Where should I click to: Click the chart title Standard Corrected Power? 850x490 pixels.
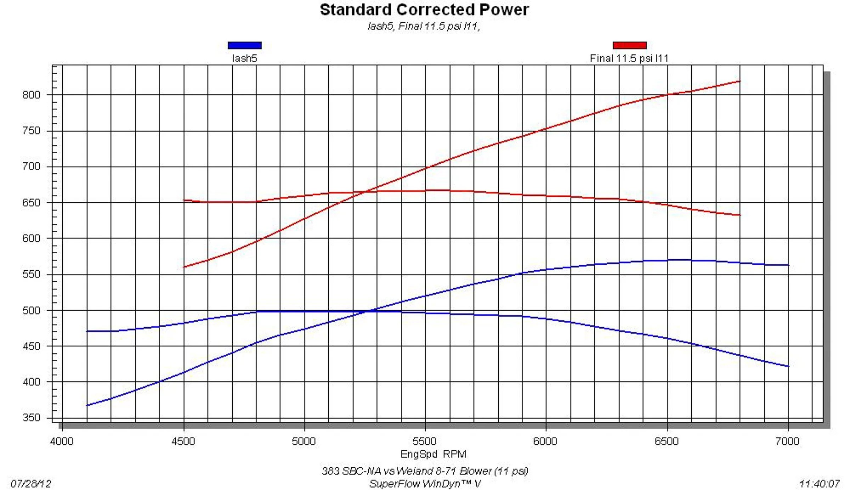click(x=424, y=10)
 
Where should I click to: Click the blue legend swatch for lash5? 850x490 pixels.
click(x=244, y=45)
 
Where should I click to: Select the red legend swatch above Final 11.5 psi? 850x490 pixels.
click(x=629, y=45)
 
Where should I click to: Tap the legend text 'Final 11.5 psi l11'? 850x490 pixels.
click(x=629, y=58)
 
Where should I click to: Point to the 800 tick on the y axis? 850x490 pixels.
click(x=31, y=95)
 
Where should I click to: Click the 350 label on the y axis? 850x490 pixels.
click(x=31, y=417)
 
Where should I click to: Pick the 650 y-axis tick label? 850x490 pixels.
click(x=31, y=203)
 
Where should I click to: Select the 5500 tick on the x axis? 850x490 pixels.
click(x=425, y=441)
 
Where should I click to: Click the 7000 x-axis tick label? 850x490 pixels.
click(x=787, y=441)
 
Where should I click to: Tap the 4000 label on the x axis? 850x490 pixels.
click(x=62, y=441)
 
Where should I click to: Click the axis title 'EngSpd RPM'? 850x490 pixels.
click(x=433, y=454)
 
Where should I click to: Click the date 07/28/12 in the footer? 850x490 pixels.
click(x=31, y=484)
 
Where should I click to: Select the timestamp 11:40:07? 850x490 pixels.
click(x=819, y=484)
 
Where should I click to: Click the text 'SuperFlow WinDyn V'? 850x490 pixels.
click(x=425, y=484)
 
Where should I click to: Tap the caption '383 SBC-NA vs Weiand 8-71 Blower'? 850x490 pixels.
click(x=425, y=471)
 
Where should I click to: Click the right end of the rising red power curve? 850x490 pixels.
click(x=739, y=81)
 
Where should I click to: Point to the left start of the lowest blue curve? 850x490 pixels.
click(x=87, y=405)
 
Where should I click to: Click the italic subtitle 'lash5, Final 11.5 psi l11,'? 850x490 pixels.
click(x=424, y=26)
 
